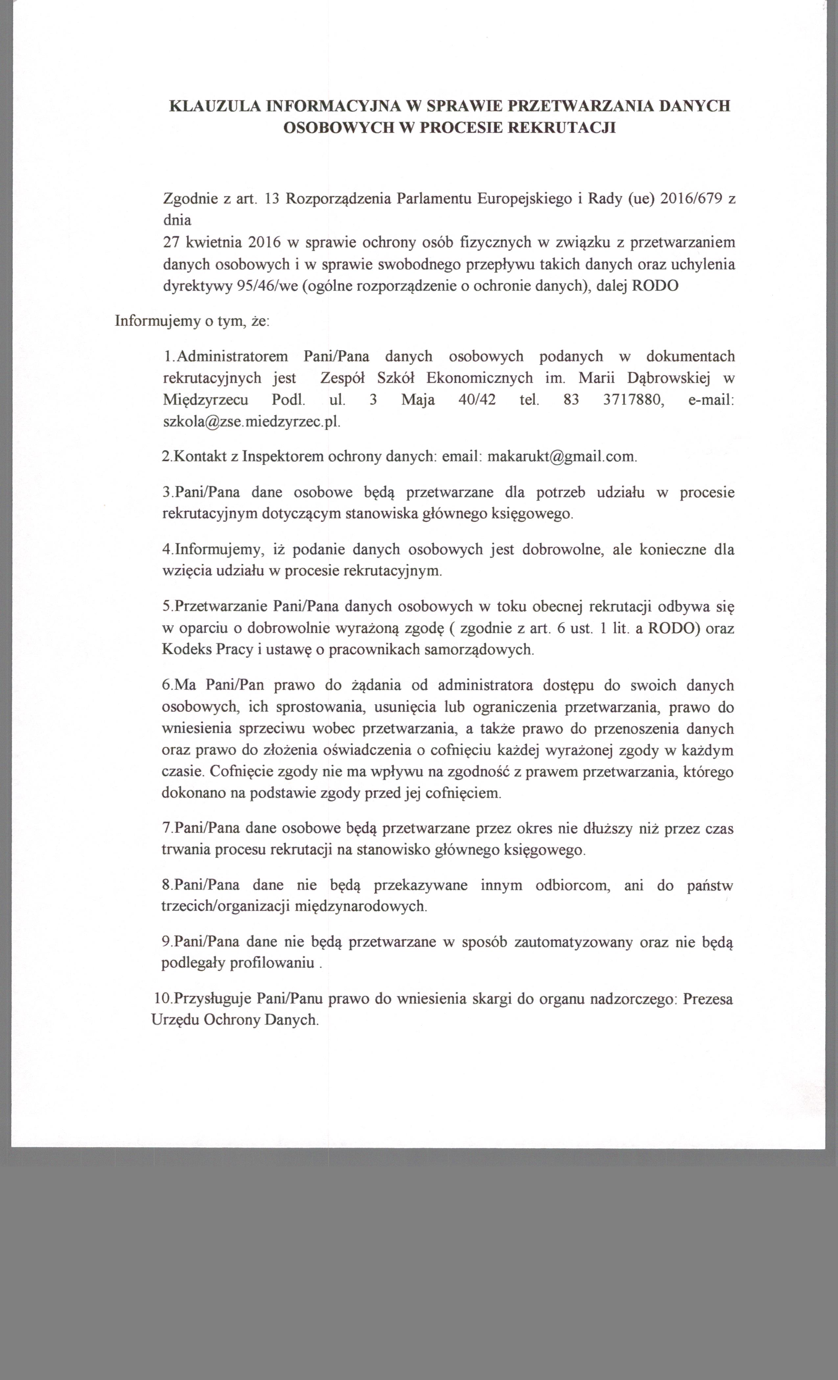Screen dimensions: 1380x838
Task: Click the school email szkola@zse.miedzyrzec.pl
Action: [251, 422]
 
